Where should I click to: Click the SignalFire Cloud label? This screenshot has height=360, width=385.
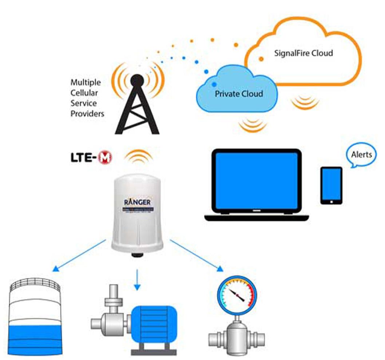pos(303,53)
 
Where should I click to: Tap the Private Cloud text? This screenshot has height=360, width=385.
pos(238,94)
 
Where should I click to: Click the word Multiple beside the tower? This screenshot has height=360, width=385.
pos(86,82)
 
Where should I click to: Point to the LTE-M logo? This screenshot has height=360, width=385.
pos(91,158)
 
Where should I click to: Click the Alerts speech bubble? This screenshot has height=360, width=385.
pos(361,155)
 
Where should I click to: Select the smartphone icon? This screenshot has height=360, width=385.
pos(331,185)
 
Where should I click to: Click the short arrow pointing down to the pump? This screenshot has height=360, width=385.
pos(137,280)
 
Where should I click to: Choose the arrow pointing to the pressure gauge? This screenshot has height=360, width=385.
pos(197,256)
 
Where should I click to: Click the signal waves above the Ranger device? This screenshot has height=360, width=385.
pos(138,156)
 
